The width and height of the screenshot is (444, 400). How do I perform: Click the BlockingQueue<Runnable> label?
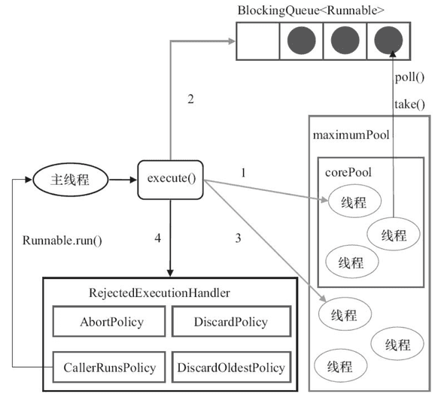pyautogui.click(x=312, y=10)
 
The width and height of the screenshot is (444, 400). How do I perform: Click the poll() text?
pyautogui.click(x=410, y=77)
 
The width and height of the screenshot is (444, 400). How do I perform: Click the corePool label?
pyautogui.click(x=347, y=172)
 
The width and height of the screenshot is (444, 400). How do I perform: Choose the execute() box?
pyautogui.click(x=171, y=180)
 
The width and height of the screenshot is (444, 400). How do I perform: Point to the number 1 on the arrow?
pyautogui.click(x=242, y=172)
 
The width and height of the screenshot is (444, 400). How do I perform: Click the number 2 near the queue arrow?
pyautogui.click(x=190, y=99)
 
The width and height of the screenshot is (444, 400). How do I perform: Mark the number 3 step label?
pyautogui.click(x=238, y=238)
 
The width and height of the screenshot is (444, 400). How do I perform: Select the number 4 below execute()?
pyautogui.click(x=157, y=238)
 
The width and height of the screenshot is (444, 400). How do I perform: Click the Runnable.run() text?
pyautogui.click(x=62, y=241)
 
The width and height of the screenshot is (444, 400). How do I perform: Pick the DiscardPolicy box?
pyautogui.click(x=231, y=322)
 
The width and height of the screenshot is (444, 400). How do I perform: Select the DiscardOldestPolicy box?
pyautogui.click(x=231, y=367)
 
